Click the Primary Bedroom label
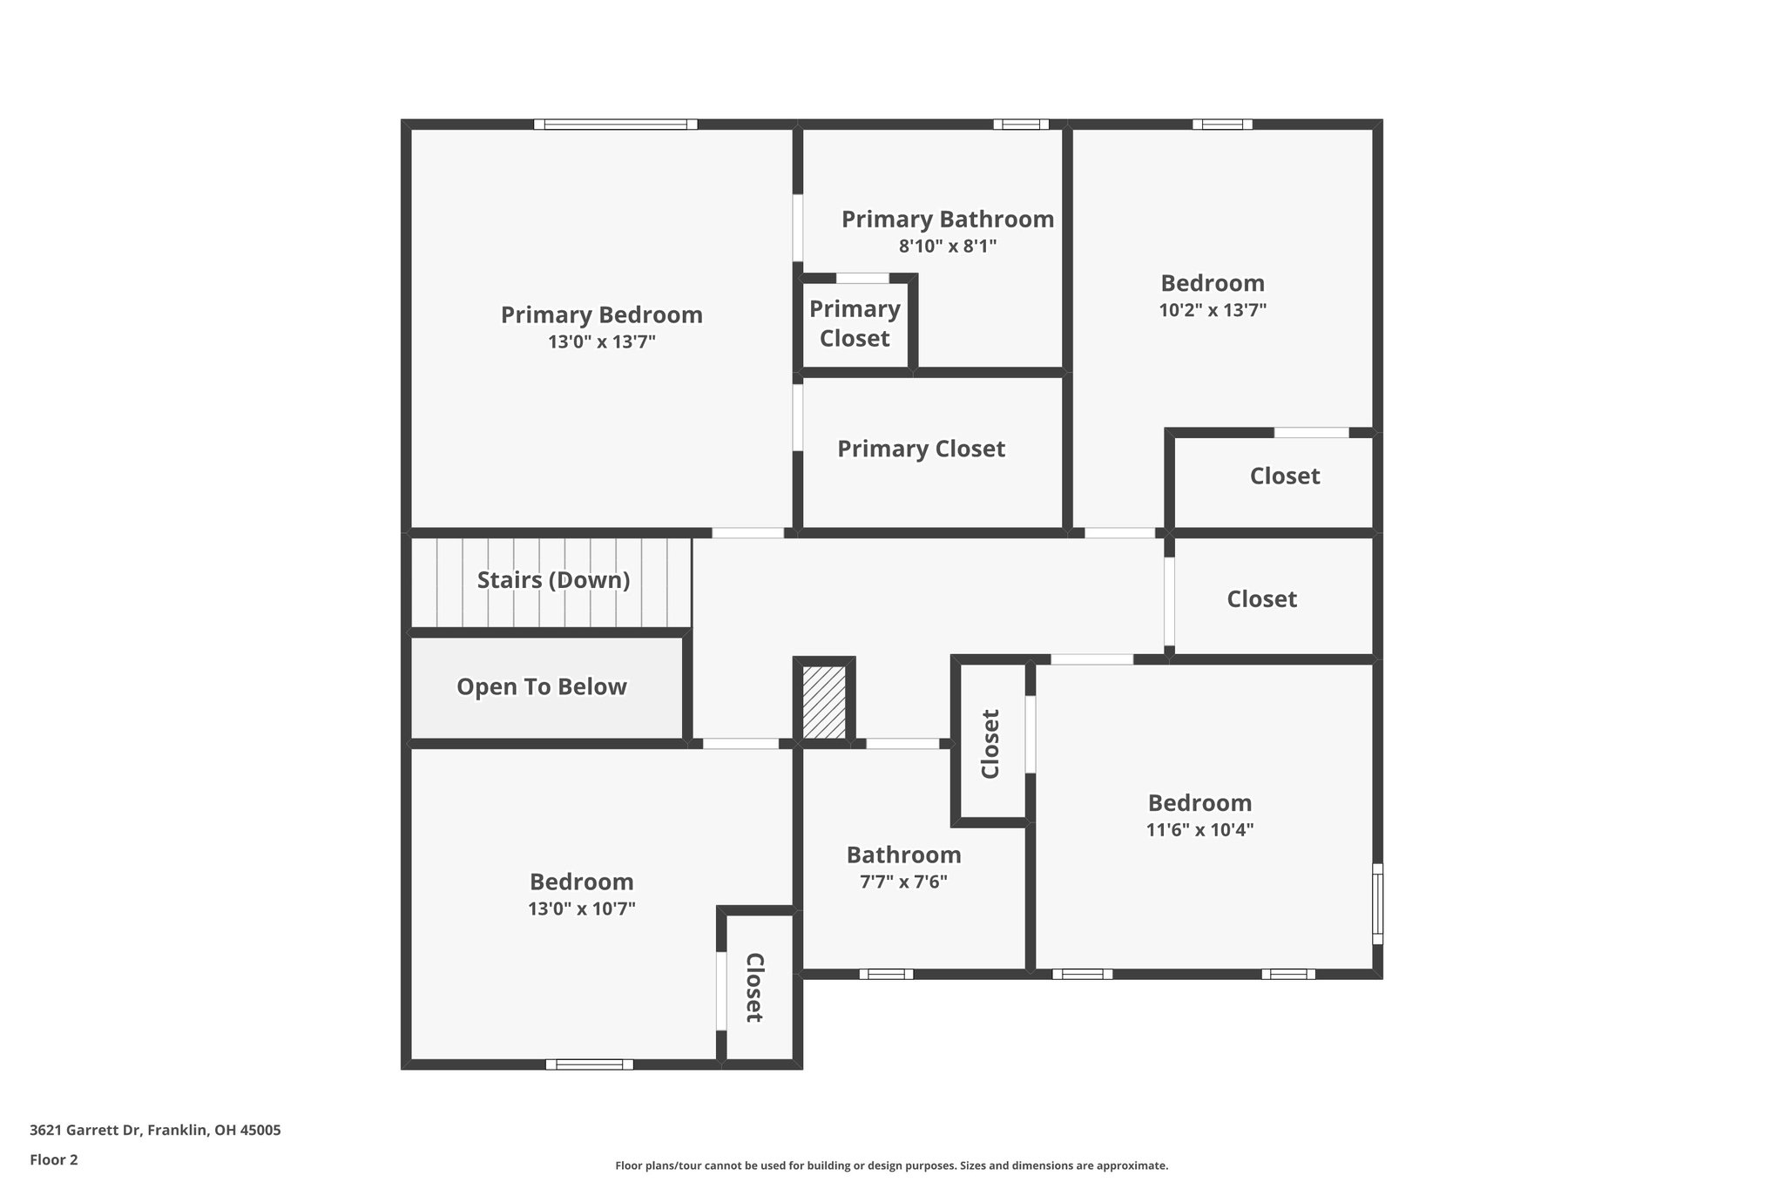pos(601,314)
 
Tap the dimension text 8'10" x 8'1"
pos(948,247)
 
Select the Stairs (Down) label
pos(553,580)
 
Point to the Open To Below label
pos(542,687)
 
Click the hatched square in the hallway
pos(823,703)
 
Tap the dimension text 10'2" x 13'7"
pos(1213,310)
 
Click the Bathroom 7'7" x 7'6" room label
pos(903,855)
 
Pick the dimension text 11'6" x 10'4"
pos(1199,830)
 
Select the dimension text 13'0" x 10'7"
pos(581,909)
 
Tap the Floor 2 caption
pos(54,1159)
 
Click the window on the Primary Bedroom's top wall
pos(616,125)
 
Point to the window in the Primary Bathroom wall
pos(1021,125)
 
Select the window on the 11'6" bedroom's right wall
pos(1377,903)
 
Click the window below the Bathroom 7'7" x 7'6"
pos(886,974)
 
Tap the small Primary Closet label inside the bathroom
pos(855,324)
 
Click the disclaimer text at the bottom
pos(891,1165)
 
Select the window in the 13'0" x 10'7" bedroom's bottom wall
pos(589,1064)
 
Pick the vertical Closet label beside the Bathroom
pos(990,744)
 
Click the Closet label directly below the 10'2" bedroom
pos(1284,476)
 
